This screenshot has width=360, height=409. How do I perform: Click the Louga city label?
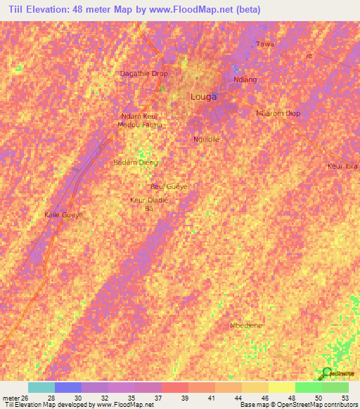pyautogui.click(x=203, y=97)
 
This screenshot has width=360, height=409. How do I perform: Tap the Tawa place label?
pyautogui.click(x=264, y=44)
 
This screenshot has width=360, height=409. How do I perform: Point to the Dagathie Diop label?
pyautogui.click(x=144, y=74)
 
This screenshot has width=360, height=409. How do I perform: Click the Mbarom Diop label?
pyautogui.click(x=278, y=113)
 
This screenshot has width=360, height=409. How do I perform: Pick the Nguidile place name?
pyautogui.click(x=207, y=139)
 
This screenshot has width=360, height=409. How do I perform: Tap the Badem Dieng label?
pyautogui.click(x=136, y=162)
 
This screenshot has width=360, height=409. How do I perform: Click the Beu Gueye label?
pyautogui.click(x=169, y=186)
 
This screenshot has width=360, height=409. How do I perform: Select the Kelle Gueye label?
pyautogui.click(x=64, y=214)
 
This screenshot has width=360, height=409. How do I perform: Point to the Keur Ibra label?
pyautogui.click(x=343, y=166)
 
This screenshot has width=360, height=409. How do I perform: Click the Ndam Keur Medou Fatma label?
pyautogui.click(x=141, y=120)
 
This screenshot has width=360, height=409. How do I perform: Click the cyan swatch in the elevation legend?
pyautogui.click(x=41, y=387)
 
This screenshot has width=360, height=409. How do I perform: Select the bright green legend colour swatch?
pyautogui.click(x=308, y=387)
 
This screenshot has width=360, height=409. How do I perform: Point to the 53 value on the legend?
pyautogui.click(x=345, y=398)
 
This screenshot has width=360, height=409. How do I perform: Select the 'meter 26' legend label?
pyautogui.click(x=15, y=398)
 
